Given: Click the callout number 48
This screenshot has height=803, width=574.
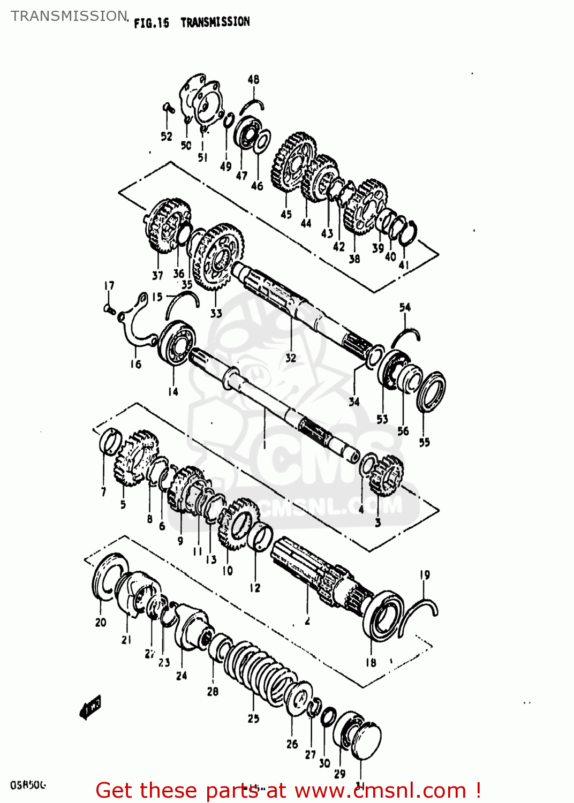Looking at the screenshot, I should tap(253, 79).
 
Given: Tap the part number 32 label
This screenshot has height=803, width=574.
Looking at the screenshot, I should tap(290, 358).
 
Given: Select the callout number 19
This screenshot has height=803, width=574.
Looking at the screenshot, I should tap(425, 575).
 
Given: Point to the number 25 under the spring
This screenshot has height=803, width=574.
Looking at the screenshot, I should tap(253, 718).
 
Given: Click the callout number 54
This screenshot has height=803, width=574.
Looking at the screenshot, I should tap(405, 307).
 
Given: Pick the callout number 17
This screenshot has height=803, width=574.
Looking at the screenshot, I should tap(109, 286).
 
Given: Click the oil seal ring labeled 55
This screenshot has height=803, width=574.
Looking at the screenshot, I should tap(432, 391).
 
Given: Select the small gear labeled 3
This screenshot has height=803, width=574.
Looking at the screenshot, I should tap(386, 475).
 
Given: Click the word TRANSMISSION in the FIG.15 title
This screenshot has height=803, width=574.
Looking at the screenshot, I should tap(215, 22).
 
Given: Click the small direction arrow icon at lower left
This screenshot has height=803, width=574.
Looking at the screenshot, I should tap(90, 708).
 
